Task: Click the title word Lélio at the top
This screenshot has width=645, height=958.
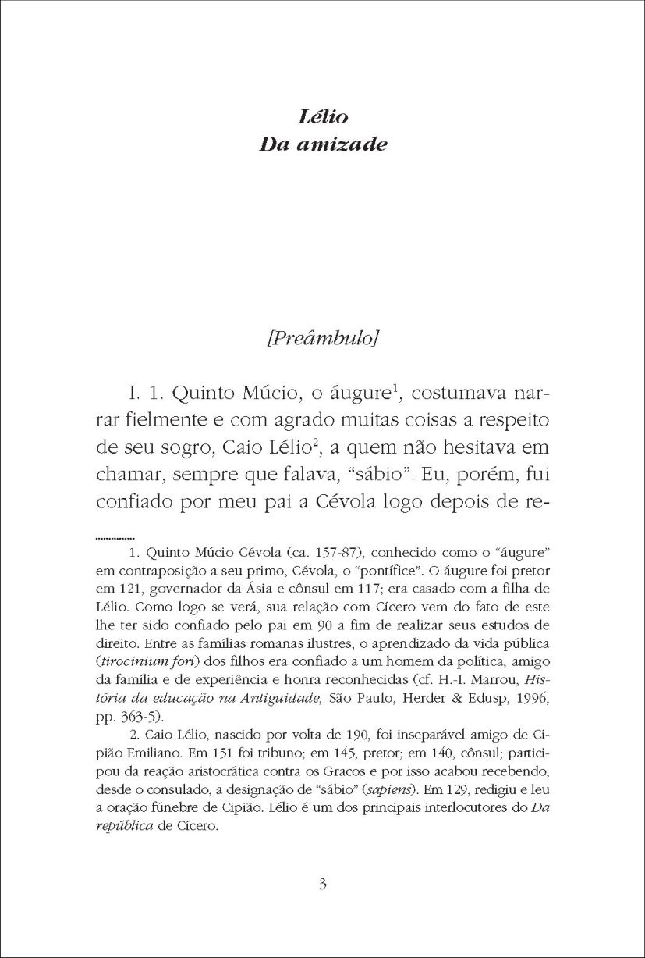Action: coord(322,118)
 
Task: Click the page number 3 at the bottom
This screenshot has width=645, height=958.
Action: coord(323,885)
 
